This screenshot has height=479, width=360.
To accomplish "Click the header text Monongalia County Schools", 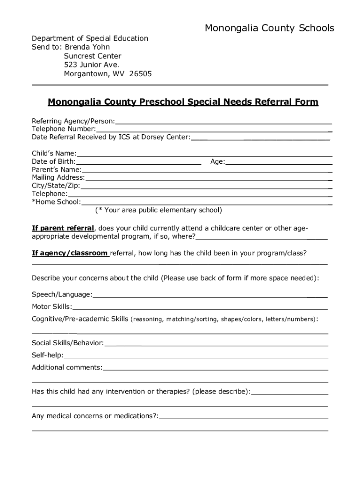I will click(269, 29).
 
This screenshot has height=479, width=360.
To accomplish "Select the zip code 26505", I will click(140, 74).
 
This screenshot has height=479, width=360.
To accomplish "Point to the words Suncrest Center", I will click(93, 56).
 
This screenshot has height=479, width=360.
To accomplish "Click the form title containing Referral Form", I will click(183, 102).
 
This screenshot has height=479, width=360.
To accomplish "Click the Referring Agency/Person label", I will click(73, 121).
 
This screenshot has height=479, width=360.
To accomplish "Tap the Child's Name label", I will click(53, 153).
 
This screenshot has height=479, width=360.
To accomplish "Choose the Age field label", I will click(217, 162).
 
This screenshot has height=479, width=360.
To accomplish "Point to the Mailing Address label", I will click(58, 178).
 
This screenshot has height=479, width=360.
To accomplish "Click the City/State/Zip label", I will click(56, 186).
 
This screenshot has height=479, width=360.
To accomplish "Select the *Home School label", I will click(56, 202).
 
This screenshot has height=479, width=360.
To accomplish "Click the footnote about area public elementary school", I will click(158, 210).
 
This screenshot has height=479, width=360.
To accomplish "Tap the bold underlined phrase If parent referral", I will click(63, 228).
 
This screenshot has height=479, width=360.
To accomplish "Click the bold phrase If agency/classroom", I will click(70, 253).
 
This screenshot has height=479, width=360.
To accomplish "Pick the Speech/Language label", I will click(62, 294).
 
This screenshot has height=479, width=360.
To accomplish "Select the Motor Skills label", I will click(51, 307).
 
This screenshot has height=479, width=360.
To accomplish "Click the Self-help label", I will click(47, 355).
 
